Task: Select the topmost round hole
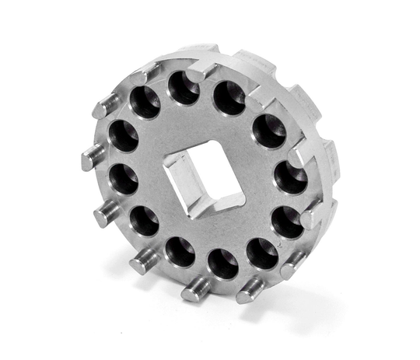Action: coord(184,88)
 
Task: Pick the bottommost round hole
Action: coord(223,264)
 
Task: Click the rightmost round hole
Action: coord(291,178)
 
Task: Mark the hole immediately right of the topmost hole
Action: coord(229,97)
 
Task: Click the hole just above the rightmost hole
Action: coord(269,131)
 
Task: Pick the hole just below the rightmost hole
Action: coord(287,222)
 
